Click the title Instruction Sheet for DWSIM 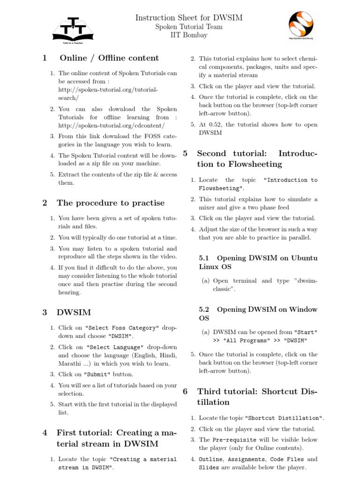point(189,18)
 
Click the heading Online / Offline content point(109,58)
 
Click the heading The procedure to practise point(111,203)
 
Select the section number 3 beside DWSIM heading point(45,312)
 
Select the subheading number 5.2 point(204,309)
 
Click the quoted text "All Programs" point(245,340)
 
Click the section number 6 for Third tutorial point(185,391)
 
